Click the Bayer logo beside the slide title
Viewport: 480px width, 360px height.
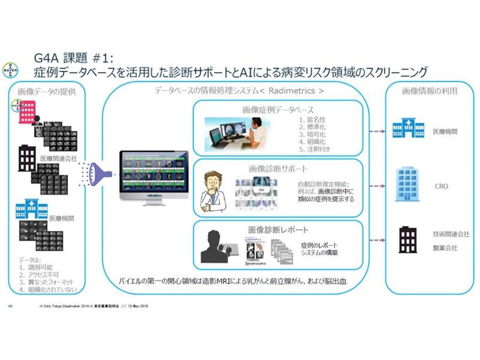[10, 68]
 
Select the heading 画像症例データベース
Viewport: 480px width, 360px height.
[278, 110]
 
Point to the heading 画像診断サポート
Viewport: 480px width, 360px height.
[278, 169]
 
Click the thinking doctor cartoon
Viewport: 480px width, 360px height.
[214, 189]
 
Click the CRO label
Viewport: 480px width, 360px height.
[441, 187]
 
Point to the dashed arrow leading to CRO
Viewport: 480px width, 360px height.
[376, 187]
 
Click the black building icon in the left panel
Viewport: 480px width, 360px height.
[27, 157]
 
